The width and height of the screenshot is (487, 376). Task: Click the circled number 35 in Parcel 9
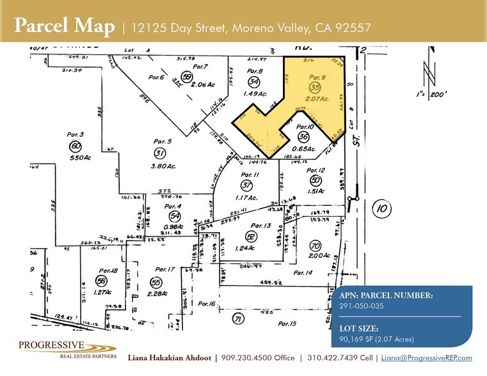(x=314, y=86)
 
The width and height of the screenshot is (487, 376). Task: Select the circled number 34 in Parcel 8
(x=254, y=82)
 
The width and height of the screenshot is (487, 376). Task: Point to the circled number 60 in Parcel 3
(x=76, y=146)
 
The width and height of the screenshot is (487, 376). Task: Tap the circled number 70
(x=314, y=246)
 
